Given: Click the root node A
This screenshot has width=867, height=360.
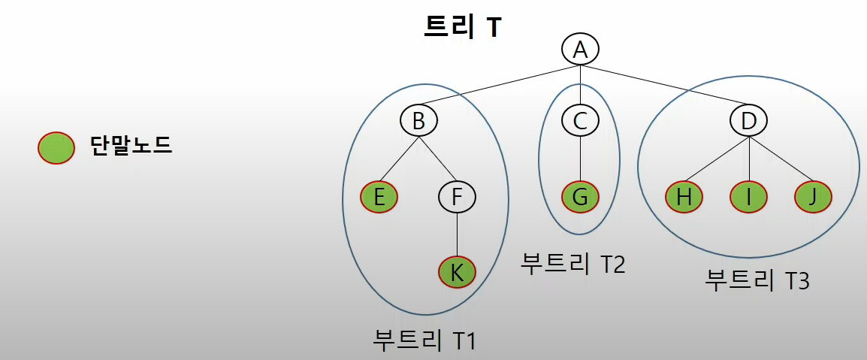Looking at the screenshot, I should coord(580,50).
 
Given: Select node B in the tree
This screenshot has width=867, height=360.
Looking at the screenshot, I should coord(418,120).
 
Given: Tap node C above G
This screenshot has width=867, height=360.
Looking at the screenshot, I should coord(580,120).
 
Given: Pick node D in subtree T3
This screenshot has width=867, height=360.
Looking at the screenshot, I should coord(750,120).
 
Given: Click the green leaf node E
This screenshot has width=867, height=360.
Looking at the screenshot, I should coord(379,198).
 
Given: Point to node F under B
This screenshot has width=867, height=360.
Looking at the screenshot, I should coord(458,198).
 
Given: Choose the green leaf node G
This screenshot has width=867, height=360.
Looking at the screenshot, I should coord(580,198).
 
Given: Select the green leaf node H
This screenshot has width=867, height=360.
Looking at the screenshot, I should coord(684,198).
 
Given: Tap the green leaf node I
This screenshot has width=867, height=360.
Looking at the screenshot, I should coord(750,198).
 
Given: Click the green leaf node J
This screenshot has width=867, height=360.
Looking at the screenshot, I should coord(814,198).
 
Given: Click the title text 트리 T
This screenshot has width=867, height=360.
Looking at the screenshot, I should coord(462,26).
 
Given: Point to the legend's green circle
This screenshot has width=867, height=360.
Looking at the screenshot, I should coord(56,147).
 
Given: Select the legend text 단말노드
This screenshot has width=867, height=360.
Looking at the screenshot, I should coord(131,144).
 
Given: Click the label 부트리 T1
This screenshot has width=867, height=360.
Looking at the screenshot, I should coord(424,340).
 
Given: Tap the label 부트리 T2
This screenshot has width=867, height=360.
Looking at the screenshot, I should coord(572,263).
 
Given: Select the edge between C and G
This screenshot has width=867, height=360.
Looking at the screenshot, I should coord(580,159).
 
